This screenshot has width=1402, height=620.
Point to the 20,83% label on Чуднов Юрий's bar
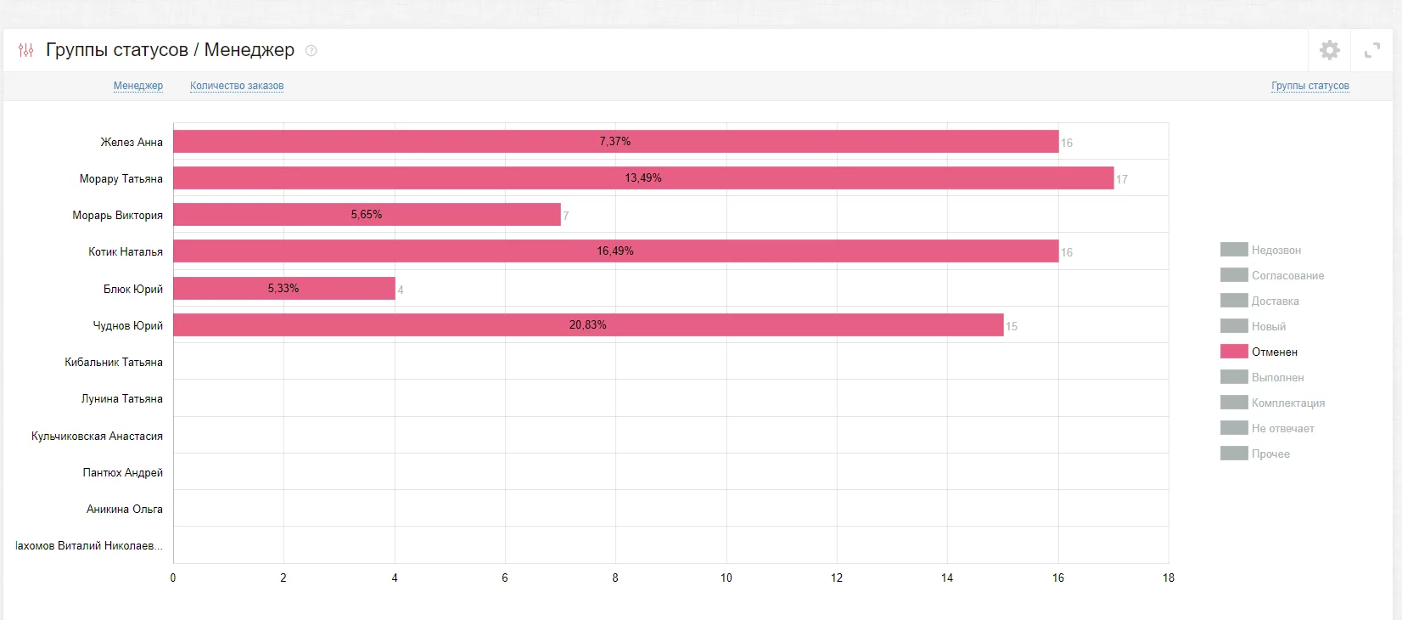pyautogui.click(x=588, y=325)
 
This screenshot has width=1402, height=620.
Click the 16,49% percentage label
pyautogui.click(x=615, y=251)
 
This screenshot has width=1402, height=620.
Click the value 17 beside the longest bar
pyautogui.click(x=1122, y=179)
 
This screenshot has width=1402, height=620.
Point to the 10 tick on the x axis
pyautogui.click(x=726, y=578)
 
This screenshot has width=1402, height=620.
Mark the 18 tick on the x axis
pyautogui.click(x=1169, y=578)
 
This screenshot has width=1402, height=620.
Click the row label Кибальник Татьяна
pyautogui.click(x=114, y=362)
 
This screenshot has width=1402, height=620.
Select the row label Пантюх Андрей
pyautogui.click(x=123, y=472)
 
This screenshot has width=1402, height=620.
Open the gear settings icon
pyautogui.click(x=1330, y=50)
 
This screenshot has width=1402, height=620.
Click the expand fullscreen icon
pyautogui.click(x=1372, y=51)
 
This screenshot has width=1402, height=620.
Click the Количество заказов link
pyautogui.click(x=237, y=86)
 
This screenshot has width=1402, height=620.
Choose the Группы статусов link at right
pyautogui.click(x=1310, y=86)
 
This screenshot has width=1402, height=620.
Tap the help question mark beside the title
pyautogui.click(x=311, y=51)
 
